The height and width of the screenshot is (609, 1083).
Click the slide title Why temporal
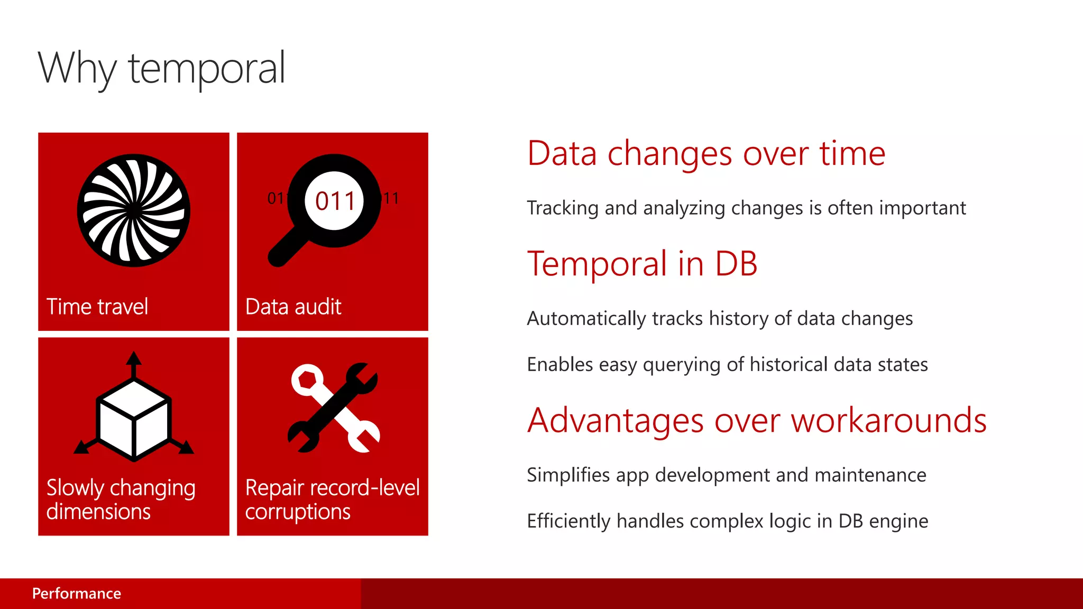[162, 69]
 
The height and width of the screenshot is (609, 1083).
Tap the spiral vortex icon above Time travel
[133, 210]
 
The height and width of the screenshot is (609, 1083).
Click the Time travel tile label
[97, 307]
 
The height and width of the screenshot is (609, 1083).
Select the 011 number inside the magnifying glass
[335, 201]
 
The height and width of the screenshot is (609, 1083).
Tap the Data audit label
[293, 307]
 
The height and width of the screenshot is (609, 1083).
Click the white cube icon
[134, 421]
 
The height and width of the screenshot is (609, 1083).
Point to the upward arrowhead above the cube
[134, 359]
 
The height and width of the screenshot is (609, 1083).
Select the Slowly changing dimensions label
[121, 500]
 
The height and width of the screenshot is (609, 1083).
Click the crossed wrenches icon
[334, 408]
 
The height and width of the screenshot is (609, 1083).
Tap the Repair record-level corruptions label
[332, 500]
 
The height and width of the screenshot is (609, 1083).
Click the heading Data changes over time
[706, 154]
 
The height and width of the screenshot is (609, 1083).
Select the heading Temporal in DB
[642, 264]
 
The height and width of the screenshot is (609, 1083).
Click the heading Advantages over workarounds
[757, 421]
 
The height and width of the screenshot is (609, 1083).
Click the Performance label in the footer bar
[77, 594]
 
